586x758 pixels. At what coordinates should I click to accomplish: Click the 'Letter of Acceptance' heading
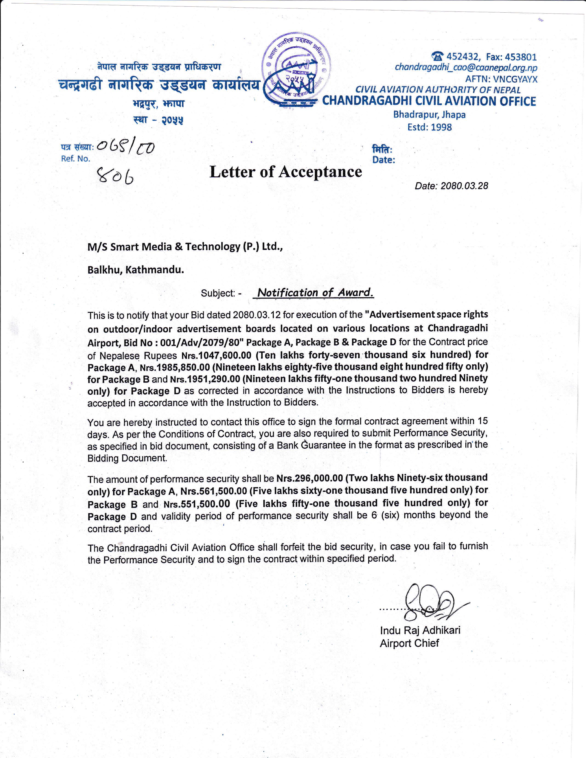pos(285,172)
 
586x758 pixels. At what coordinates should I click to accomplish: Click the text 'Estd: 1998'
pos(430,127)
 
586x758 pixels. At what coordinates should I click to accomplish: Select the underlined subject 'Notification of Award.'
pos(315,293)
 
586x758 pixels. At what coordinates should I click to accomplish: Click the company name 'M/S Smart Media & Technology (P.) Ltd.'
pos(185,246)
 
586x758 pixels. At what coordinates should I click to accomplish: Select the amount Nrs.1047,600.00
pos(216,355)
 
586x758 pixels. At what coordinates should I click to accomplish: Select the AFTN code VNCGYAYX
pos(515,79)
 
